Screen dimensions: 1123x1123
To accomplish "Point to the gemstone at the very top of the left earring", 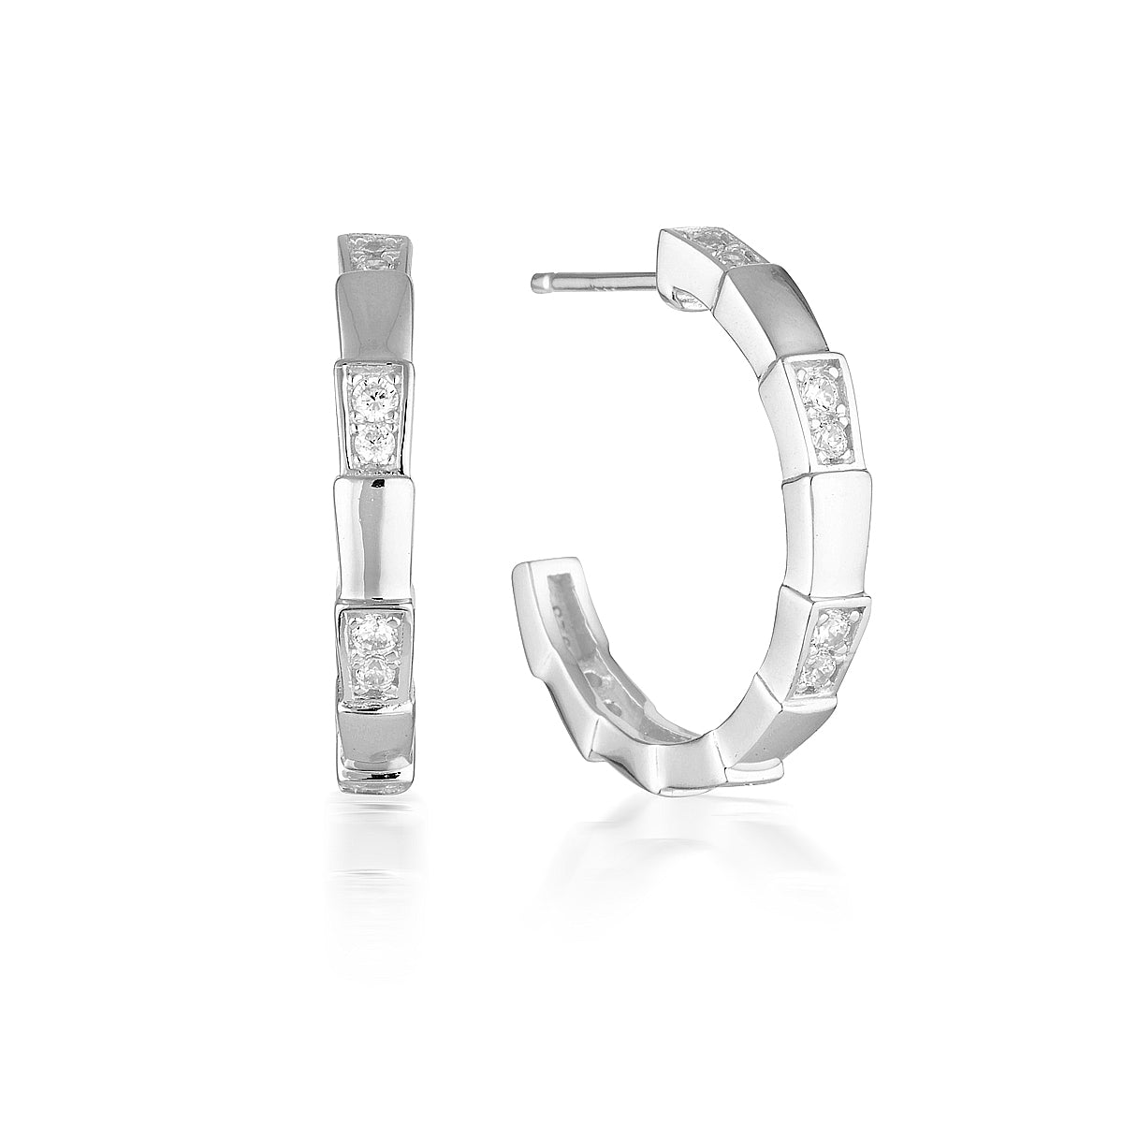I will pos(374,245).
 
